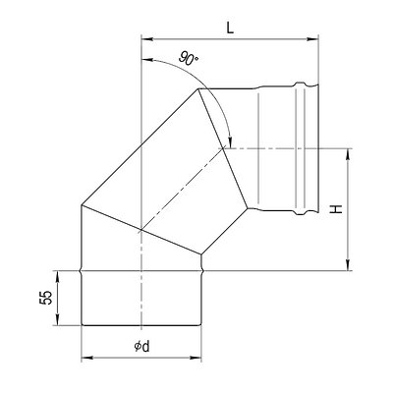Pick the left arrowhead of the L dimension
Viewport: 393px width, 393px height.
147,40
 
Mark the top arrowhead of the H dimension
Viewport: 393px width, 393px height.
349,152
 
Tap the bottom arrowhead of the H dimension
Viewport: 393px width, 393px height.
349,263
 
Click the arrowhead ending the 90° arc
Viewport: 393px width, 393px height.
229,143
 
